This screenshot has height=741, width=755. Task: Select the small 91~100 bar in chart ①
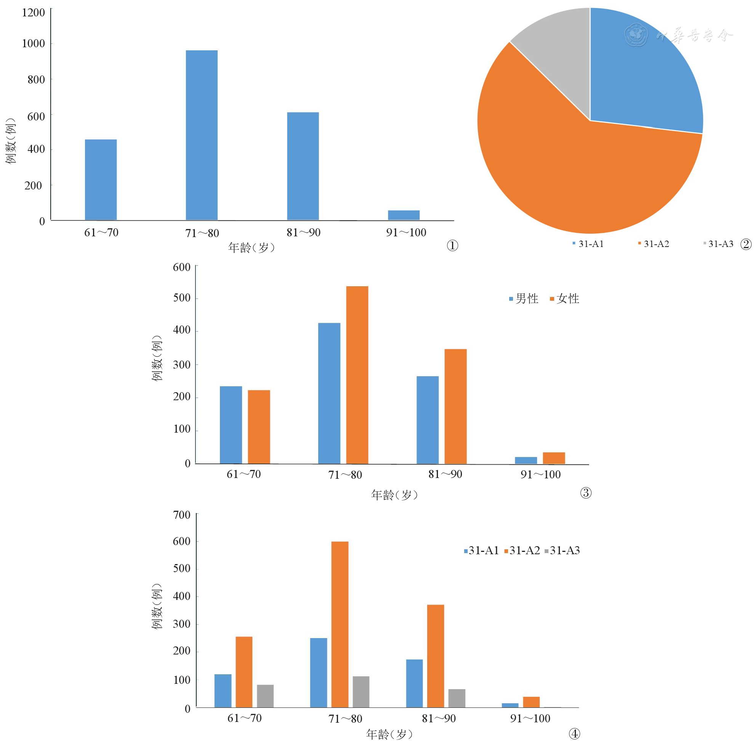(404, 215)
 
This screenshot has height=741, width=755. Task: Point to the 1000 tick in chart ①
(34, 43)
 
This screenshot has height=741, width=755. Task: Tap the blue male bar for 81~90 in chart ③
(427, 420)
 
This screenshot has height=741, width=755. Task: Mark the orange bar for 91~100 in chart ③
(553, 458)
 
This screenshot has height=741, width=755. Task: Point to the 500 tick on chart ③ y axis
(182, 298)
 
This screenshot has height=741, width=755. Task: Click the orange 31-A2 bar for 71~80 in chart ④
(340, 624)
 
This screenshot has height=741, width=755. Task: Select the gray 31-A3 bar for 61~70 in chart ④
(265, 696)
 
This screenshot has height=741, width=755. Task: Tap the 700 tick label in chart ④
(182, 515)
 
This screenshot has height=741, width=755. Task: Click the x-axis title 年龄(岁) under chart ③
(394, 495)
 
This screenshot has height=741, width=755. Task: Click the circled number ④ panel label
(574, 734)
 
